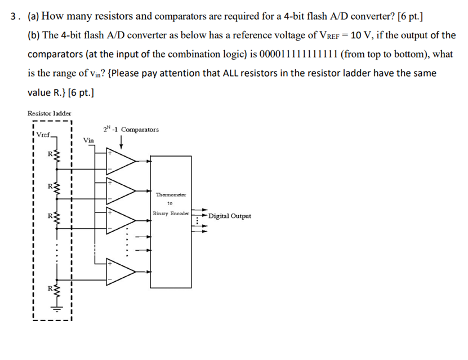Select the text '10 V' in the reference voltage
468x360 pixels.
(x=360, y=35)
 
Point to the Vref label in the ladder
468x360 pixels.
(x=43, y=135)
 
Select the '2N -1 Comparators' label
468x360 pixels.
(x=131, y=129)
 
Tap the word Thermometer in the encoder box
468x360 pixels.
(x=171, y=194)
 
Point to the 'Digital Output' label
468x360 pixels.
(x=230, y=216)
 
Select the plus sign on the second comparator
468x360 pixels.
(x=110, y=183)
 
